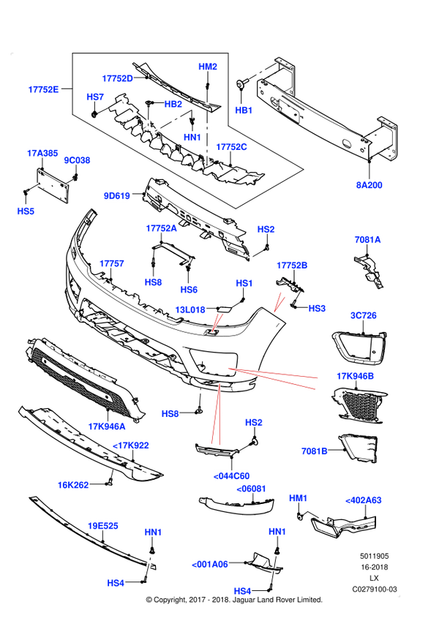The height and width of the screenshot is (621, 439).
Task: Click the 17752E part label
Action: click(43, 89)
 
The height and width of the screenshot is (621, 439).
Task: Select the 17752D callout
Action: click(117, 78)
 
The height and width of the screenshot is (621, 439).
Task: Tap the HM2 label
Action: click(208, 67)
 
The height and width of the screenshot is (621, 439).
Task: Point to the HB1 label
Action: click(244, 110)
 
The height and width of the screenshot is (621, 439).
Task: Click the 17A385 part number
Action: click(42, 153)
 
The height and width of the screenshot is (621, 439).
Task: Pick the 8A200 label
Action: click(369, 185)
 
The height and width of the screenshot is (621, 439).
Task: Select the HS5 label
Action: click(26, 211)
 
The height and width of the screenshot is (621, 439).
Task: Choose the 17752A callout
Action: click(162, 228)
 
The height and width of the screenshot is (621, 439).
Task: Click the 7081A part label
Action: click(368, 240)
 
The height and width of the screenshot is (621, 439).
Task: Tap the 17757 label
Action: click(112, 263)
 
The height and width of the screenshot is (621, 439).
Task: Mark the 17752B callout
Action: click(292, 265)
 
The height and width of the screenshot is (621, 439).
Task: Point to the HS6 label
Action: click(189, 290)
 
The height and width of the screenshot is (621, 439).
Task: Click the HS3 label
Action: click(317, 309)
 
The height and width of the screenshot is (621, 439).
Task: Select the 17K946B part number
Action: click(355, 376)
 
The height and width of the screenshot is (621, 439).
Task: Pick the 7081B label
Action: click(315, 451)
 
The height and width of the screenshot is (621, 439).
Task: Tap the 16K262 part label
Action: click(73, 485)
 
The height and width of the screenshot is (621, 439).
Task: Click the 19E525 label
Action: click(102, 526)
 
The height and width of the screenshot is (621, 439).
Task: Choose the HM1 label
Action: click(298, 498)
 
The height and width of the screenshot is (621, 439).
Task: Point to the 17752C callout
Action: click(231, 147)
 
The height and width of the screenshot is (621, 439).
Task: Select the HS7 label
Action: click(96, 97)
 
